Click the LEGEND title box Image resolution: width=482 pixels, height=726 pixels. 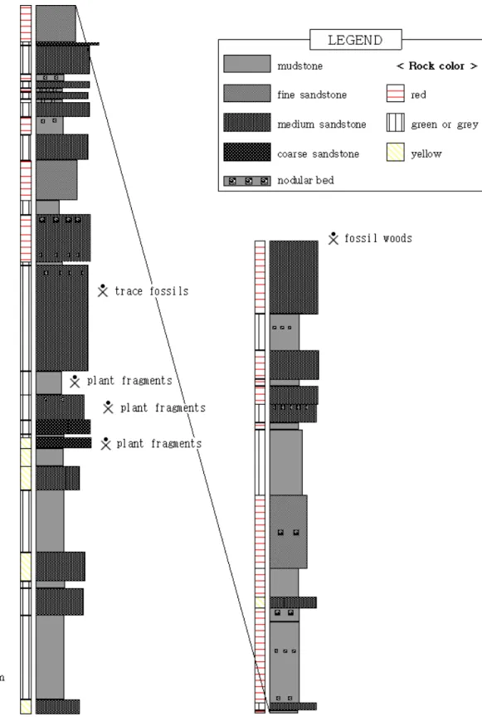coord(356,39)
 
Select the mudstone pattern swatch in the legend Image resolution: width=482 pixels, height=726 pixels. coord(247,64)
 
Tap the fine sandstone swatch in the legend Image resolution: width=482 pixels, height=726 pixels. coord(247,93)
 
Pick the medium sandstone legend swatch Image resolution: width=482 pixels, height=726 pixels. coord(247,123)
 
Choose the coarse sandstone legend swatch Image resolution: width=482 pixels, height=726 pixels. coord(247,152)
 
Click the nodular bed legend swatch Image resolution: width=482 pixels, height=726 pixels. coord(247,181)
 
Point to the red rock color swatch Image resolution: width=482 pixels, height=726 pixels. coord(396,93)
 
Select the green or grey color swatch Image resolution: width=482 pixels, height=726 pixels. coord(396,123)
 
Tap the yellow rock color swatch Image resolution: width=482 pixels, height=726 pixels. coord(396,152)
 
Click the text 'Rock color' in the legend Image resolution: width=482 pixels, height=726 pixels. coord(436,66)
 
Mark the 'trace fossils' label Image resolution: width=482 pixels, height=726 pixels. coord(152,291)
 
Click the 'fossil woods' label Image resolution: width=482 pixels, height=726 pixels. coord(378,238)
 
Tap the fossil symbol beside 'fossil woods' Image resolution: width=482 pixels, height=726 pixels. coord(334,238)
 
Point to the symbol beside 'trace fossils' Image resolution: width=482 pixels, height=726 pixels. coord(103,290)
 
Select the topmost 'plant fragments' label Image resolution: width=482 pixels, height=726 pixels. coord(129,381)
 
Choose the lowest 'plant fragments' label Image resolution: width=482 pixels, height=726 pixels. coord(158,444)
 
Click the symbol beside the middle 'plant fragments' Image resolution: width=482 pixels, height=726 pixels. coord(109,407)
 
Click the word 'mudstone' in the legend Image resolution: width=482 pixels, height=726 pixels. coord(300,66)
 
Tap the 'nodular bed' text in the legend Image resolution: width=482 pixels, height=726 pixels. coord(305,180)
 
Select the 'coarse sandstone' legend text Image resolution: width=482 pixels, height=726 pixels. coord(318,153)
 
